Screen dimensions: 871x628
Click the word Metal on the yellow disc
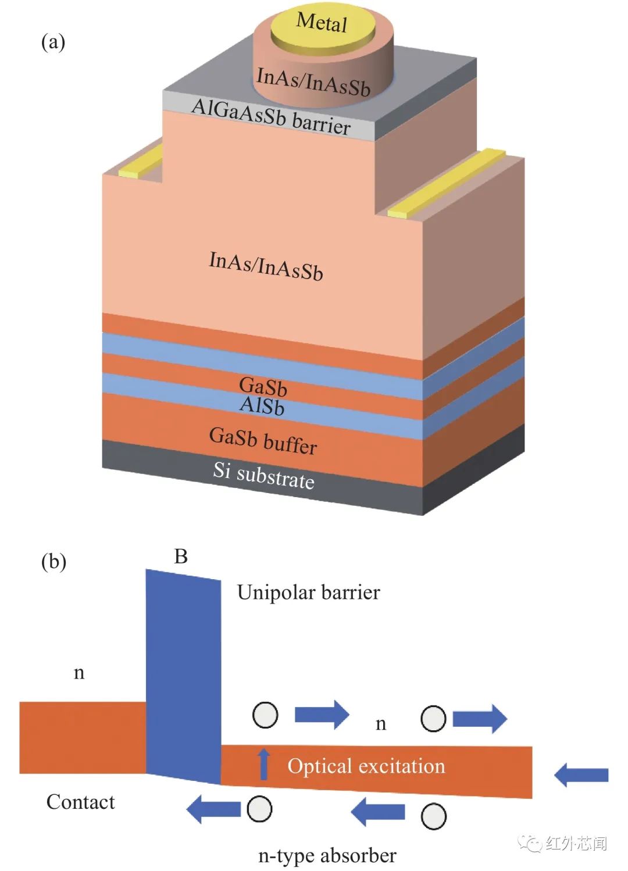pos(322,23)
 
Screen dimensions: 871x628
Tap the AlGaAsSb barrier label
pos(271,116)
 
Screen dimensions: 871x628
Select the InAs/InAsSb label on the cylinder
pos(313,81)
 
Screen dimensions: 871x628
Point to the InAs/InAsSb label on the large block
pos(266,266)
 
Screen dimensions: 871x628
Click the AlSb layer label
pos(262,405)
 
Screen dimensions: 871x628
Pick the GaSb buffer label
pos(263,441)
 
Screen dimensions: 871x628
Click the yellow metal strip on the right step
pos(445,183)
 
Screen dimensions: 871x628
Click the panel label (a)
pos(53,42)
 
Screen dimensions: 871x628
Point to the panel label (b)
pos(53,561)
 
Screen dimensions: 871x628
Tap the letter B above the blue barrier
pos(181,556)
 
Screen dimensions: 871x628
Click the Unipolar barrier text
pos(308,592)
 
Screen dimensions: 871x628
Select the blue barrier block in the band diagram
pos(183,674)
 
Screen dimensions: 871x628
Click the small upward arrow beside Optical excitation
pos(264,763)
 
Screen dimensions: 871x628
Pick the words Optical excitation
pos(366,766)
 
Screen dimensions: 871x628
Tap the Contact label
pos(80,802)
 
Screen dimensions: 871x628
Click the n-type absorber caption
pos(327,855)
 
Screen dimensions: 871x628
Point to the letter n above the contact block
pos(79,673)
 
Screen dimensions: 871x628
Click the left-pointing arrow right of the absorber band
pos(581,774)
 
